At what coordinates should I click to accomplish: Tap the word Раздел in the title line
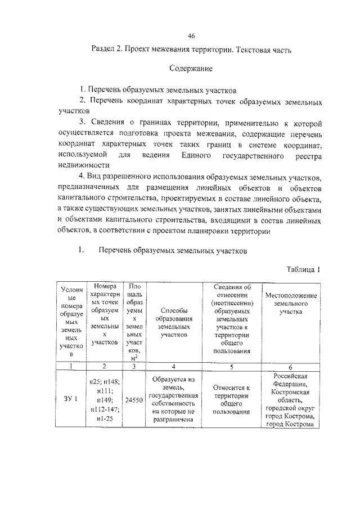(x=104, y=49)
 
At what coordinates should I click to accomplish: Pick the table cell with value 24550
(x=133, y=400)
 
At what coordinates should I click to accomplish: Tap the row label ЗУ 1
(x=70, y=400)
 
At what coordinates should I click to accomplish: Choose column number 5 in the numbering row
(x=231, y=366)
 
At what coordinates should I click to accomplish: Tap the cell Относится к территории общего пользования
(x=231, y=400)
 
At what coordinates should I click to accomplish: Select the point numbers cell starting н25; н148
(x=103, y=400)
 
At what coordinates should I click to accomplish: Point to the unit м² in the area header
(x=134, y=358)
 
